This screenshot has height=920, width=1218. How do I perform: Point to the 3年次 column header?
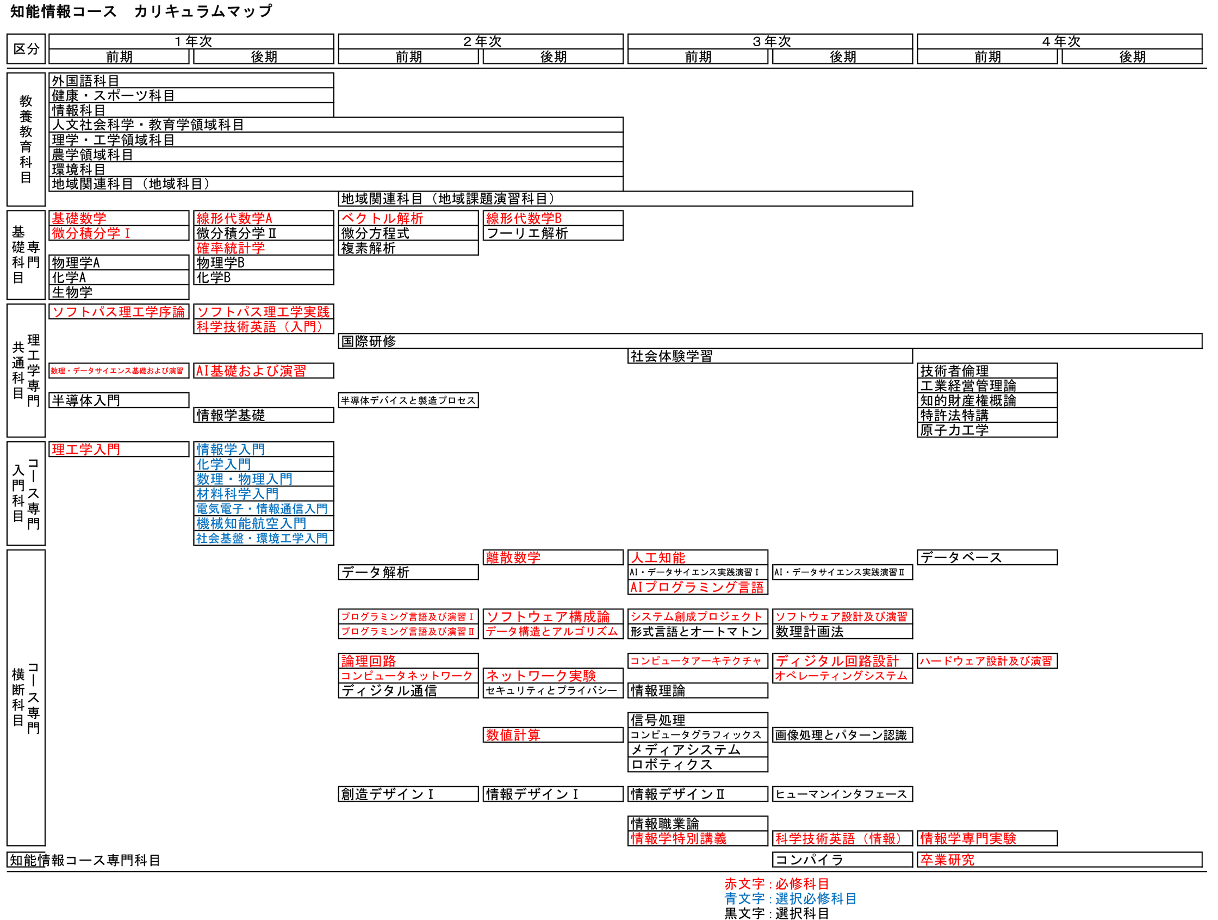coord(771,41)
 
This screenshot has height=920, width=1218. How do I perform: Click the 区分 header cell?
coord(26,49)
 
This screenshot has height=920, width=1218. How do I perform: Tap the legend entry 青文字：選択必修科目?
coord(790,899)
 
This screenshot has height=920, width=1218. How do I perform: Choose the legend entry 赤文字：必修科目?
coord(776,884)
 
